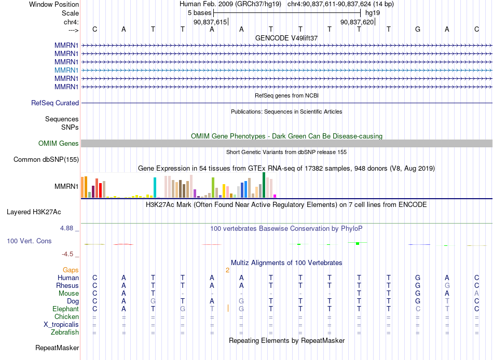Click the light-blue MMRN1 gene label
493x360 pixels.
pyautogui.click(x=66, y=70)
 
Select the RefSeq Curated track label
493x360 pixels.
pyautogui.click(x=55, y=103)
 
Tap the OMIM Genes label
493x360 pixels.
pyautogui.click(x=59, y=143)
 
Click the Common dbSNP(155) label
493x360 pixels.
pyautogui.click(x=46, y=159)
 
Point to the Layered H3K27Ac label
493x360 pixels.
pyautogui.click(x=34, y=212)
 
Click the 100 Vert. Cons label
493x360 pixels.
pyautogui.click(x=29, y=241)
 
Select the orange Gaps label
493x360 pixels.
pyautogui.click(x=71, y=270)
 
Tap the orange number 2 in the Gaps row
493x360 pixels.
pyautogui.click(x=227, y=270)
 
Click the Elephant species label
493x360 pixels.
pyautogui.click(x=66, y=309)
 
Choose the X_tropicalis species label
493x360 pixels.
pyautogui.click(x=61, y=325)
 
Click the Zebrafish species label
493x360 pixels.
pyautogui.click(x=65, y=332)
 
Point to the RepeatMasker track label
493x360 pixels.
pyautogui.click(x=57, y=348)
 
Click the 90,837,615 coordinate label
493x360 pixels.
pyautogui.click(x=210, y=22)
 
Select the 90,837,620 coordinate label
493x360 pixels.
pyautogui.click(x=357, y=22)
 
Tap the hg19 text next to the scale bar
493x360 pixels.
pyautogui.click(x=373, y=13)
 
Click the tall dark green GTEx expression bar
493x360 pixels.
pyautogui.click(x=264, y=185)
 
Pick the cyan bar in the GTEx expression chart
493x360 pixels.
pyautogui.click(x=155, y=188)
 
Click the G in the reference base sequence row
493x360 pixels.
pyautogui.click(x=418, y=29)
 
